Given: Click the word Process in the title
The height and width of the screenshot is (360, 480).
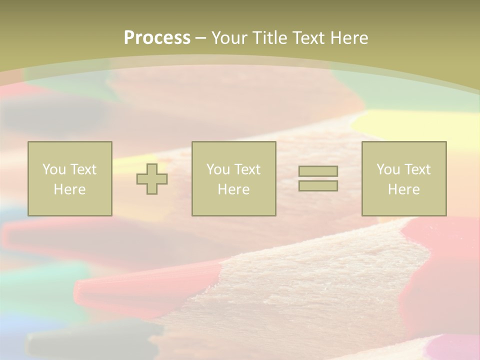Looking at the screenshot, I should (x=157, y=38).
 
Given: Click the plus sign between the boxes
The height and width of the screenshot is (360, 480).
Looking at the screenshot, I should (x=152, y=178).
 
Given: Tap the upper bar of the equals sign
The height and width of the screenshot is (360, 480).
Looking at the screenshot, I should (x=318, y=171).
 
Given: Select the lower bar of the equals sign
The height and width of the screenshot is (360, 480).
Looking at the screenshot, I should (x=318, y=185).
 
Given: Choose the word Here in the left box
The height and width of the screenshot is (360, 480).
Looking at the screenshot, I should (x=69, y=189).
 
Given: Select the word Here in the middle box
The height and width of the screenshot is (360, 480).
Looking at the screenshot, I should (x=233, y=189).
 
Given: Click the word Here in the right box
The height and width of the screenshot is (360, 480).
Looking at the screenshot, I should (x=403, y=189).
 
